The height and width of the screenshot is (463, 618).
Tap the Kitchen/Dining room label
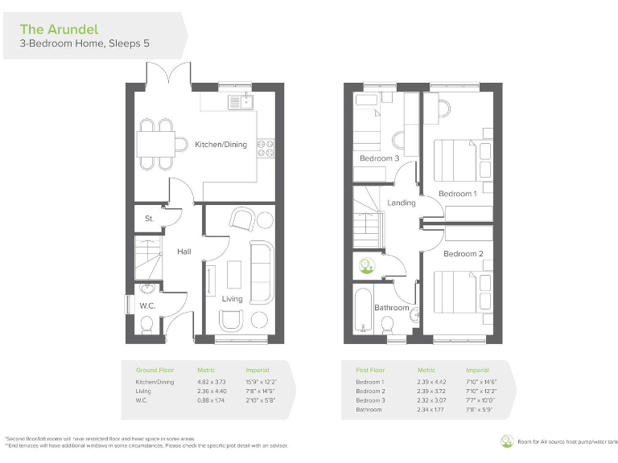click(x=220, y=145)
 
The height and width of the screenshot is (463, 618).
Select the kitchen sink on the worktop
click(x=241, y=101)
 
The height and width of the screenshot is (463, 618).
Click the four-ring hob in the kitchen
click(x=266, y=147)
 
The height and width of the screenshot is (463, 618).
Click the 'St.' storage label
click(x=149, y=218)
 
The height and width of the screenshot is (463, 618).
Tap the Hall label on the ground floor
click(x=184, y=252)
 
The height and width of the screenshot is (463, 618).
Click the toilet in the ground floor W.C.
click(x=146, y=324)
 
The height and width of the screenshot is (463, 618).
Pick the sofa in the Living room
click(x=262, y=265)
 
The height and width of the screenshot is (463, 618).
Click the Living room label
click(x=232, y=298)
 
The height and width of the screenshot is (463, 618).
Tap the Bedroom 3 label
click(x=378, y=158)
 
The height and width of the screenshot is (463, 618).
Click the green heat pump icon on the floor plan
click(x=367, y=264)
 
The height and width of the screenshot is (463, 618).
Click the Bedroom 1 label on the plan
click(x=457, y=194)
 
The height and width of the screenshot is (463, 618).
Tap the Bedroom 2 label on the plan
click(x=463, y=254)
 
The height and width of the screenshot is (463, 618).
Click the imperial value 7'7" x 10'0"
click(x=481, y=400)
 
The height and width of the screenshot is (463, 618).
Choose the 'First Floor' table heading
click(x=371, y=370)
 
